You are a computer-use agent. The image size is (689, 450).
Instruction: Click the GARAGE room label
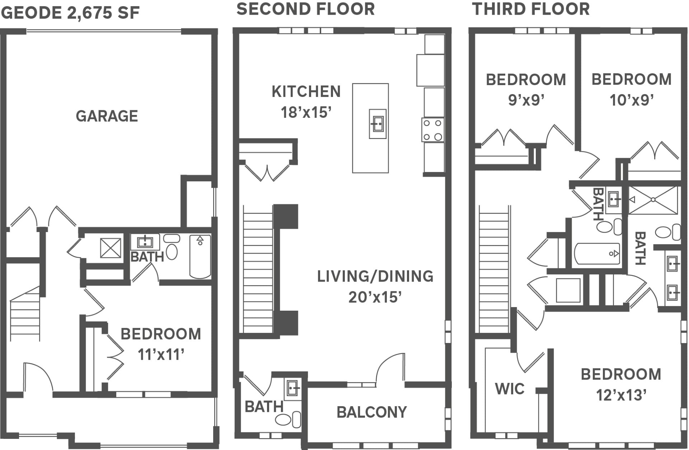[x=107, y=116]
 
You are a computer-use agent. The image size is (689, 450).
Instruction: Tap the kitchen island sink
[x=378, y=124]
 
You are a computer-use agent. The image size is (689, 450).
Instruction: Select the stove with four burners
[x=433, y=130]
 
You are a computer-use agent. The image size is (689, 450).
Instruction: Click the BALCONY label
[x=371, y=412]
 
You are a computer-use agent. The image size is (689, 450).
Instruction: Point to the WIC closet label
[x=510, y=389]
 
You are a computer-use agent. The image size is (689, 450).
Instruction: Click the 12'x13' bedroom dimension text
[x=621, y=395]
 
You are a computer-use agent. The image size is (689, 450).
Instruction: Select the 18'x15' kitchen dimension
[x=306, y=112]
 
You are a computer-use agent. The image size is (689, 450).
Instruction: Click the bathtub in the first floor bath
[x=200, y=256]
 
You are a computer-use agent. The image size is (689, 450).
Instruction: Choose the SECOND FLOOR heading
[x=305, y=9]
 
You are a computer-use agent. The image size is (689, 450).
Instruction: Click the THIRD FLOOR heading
[x=531, y=9]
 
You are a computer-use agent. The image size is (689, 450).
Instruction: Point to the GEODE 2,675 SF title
[x=70, y=13]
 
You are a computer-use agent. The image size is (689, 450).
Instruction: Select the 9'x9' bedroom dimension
[x=526, y=100]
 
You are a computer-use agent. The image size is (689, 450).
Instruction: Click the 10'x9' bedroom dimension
[x=632, y=100]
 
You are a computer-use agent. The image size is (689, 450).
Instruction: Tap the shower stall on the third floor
[x=653, y=200]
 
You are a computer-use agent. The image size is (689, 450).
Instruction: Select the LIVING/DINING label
[x=375, y=277]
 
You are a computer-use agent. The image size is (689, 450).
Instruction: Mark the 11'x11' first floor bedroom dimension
[x=161, y=355]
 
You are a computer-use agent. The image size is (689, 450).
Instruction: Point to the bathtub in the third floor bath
[x=597, y=254]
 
